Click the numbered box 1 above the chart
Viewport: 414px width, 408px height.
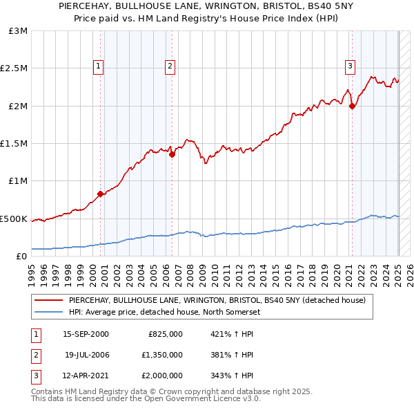click(99, 66)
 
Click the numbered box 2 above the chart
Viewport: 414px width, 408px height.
click(170, 66)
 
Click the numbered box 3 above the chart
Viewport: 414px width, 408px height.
click(350, 66)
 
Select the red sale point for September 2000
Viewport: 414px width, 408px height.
click(101, 194)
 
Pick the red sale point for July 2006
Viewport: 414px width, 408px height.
click(172, 155)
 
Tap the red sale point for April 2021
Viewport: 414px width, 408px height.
click(352, 106)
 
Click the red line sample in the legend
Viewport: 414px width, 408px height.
click(49, 300)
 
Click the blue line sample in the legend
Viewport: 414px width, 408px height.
click(49, 311)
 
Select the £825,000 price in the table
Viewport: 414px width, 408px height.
click(166, 333)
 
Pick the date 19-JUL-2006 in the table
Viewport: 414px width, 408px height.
click(86, 355)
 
